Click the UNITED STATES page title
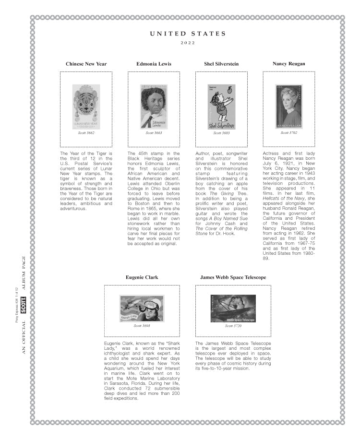click(188, 34)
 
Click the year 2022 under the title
click(188, 43)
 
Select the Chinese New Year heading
click(86, 64)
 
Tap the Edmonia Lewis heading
click(154, 64)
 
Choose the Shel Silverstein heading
click(221, 64)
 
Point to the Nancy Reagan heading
click(288, 64)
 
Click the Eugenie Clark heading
click(142, 277)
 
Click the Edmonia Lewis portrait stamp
click(154, 107)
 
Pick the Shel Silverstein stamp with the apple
click(221, 107)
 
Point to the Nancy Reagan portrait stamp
click(288, 107)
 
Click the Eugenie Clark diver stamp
click(142, 308)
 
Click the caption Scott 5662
click(86, 133)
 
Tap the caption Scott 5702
click(288, 132)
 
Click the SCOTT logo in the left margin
click(24, 305)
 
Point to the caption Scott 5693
click(142, 326)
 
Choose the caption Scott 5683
click(221, 133)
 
